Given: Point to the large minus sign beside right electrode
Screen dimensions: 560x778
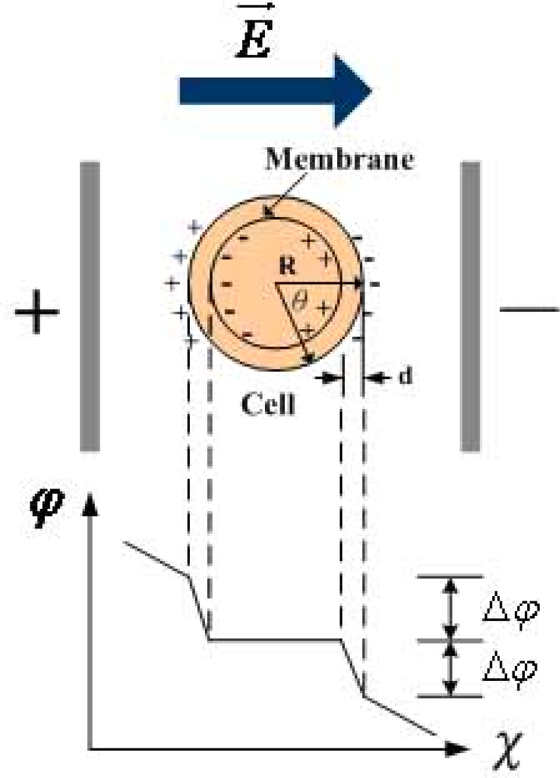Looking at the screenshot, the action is [530, 310].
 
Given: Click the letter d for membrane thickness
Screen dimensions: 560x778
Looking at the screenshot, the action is [405, 377].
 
